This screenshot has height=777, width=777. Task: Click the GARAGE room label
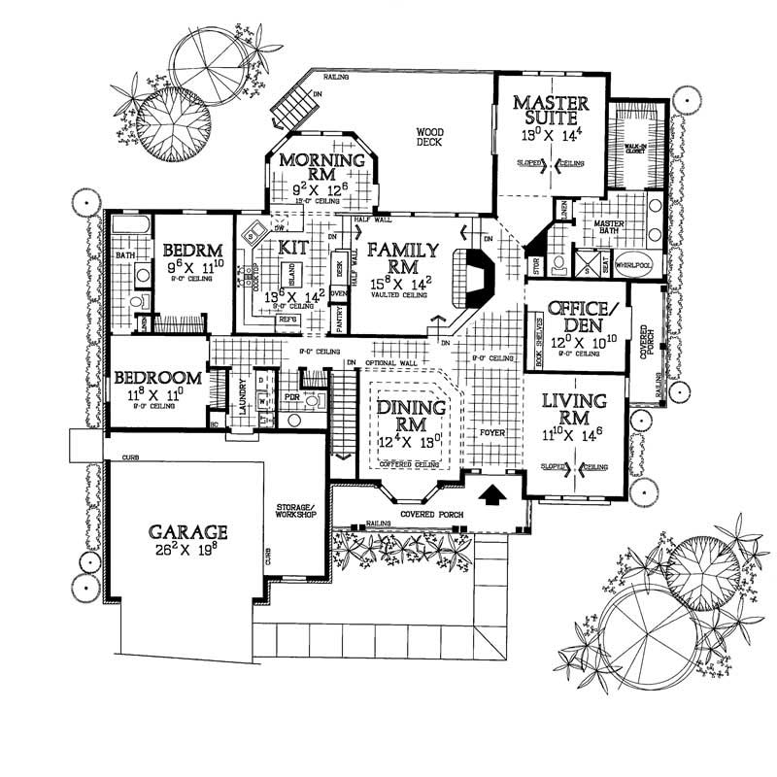[188, 531]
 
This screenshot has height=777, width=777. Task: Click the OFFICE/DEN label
[577, 316]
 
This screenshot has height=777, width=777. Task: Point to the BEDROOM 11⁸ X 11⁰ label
[157, 378]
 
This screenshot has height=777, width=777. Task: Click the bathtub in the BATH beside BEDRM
[127, 230]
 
